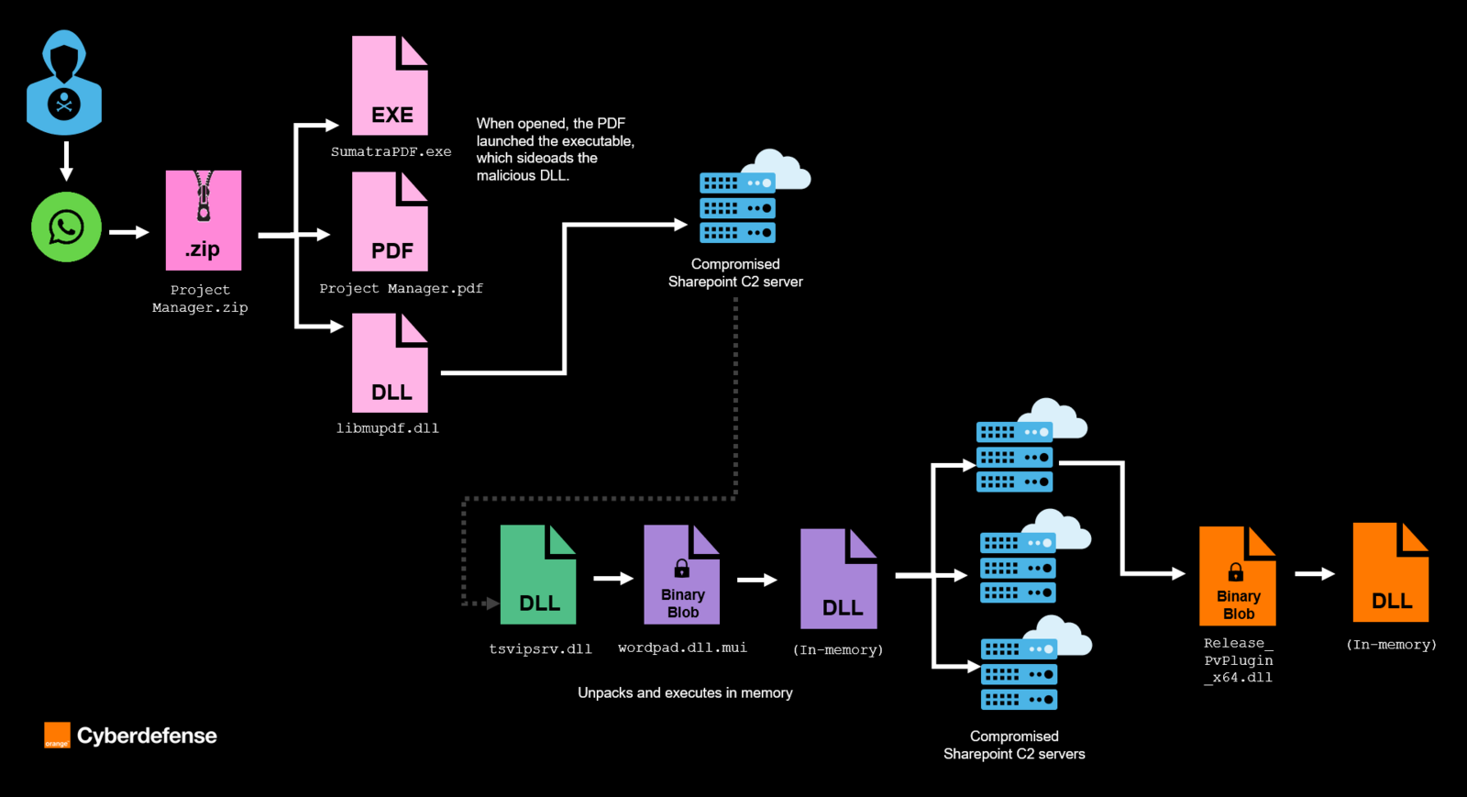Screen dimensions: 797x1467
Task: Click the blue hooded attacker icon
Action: [64, 83]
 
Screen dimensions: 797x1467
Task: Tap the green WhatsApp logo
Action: [66, 227]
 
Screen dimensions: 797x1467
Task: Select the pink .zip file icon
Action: [204, 220]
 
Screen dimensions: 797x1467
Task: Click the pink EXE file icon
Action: [390, 86]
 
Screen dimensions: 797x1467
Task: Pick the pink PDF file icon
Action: [390, 222]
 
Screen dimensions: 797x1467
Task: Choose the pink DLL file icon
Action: [390, 363]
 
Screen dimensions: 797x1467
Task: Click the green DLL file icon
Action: [538, 575]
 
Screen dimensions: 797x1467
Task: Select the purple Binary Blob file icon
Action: [681, 575]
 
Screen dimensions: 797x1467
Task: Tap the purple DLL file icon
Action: [838, 579]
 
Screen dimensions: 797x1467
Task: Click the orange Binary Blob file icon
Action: [1237, 576]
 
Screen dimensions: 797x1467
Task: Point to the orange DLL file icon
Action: [1390, 572]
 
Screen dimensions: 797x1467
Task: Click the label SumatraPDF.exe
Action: [391, 152]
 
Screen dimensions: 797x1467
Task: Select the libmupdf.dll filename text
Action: [387, 428]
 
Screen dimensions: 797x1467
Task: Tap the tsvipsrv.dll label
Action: [540, 649]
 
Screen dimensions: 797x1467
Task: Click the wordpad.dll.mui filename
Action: [682, 648]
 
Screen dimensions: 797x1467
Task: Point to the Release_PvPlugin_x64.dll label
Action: [1238, 660]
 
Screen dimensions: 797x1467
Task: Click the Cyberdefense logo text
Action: [147, 736]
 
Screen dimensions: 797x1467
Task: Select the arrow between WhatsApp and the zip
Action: [128, 232]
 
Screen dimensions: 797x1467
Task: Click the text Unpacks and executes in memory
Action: [685, 693]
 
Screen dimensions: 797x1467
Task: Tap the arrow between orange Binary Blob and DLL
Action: [1314, 574]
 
